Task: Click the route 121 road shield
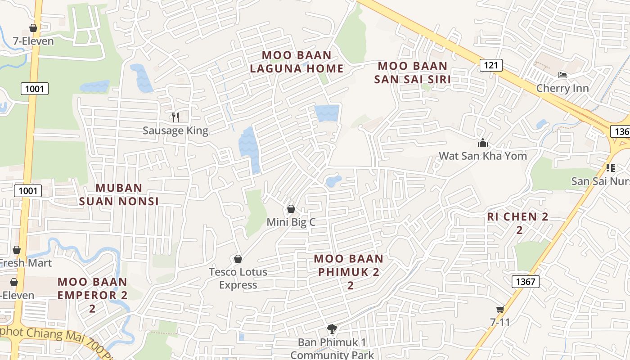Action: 490,65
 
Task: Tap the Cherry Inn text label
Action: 562,88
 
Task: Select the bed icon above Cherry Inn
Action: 562,75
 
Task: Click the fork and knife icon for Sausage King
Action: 175,117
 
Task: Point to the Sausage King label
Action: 175,130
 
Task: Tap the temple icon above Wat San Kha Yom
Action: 483,143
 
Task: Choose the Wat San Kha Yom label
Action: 482,156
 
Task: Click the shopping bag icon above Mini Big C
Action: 291,209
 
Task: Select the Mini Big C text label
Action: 291,222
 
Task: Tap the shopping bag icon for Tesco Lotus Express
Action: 238,259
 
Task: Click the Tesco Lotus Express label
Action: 238,278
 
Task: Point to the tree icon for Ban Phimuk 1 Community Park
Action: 332,329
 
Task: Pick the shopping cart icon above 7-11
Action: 500,309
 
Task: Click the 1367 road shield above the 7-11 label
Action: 525,282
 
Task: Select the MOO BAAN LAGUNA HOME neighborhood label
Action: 297,62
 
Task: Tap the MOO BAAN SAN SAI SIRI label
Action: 412,73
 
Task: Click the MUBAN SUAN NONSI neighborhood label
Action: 119,194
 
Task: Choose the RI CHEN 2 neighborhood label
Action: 518,223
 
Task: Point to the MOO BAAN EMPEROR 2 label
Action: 92,295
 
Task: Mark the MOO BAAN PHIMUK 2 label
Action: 349,272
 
